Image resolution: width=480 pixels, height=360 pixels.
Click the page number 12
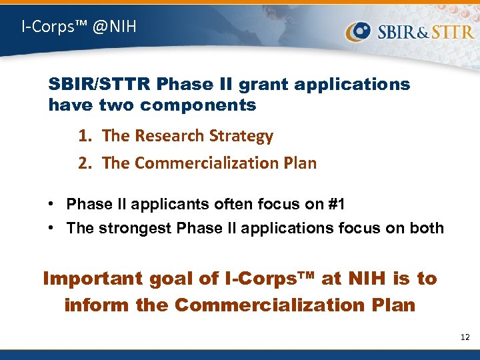[x=465, y=337]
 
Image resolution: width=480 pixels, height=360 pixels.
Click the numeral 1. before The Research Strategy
[x=85, y=136]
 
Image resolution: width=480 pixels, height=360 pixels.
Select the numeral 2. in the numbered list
[x=85, y=163]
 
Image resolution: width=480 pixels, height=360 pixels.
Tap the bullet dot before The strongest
[x=53, y=228]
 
